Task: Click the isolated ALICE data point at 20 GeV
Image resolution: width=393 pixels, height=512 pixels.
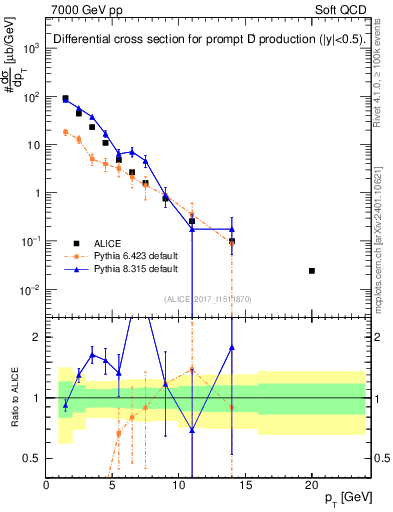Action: [312, 271]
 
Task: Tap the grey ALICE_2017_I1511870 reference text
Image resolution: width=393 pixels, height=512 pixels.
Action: [208, 299]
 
